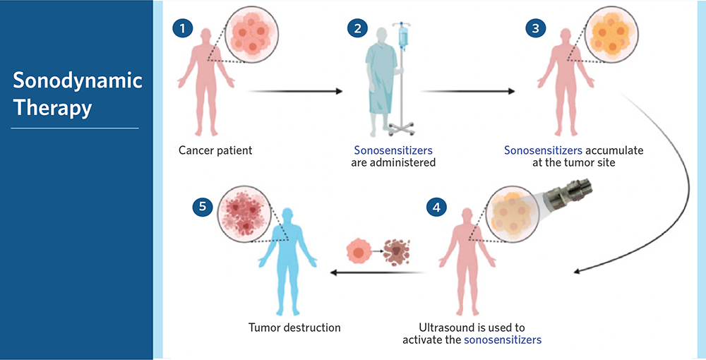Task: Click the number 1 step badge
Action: point(182,29)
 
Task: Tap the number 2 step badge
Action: point(357,29)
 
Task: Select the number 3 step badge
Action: point(535,29)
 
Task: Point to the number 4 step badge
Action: point(436,208)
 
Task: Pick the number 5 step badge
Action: point(203,207)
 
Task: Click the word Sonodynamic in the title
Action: point(78,80)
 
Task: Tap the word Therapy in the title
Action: point(52,109)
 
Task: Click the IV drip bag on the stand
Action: point(403,35)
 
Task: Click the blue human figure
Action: point(287,261)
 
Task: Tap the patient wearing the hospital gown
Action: point(383,82)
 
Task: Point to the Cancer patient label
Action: point(215,150)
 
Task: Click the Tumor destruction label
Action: point(294,328)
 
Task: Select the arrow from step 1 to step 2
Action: point(295,91)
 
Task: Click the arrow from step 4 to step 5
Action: point(378,272)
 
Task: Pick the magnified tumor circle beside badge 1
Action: point(251,35)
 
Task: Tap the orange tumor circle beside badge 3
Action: point(611,34)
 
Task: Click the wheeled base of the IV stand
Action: point(401,129)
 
